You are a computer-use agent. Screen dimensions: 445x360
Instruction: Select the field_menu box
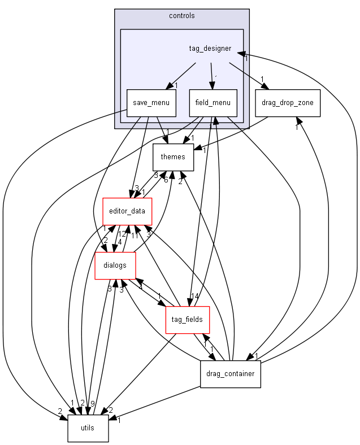point(213,103)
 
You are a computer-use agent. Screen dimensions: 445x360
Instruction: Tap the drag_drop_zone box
point(288,103)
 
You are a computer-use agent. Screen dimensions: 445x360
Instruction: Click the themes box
point(174,157)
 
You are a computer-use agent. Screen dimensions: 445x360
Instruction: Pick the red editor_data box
point(126,211)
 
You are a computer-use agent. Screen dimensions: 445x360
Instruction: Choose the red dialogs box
point(115,265)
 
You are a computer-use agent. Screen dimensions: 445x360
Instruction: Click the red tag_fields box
point(188,320)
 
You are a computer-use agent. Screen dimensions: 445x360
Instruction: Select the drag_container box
point(230,374)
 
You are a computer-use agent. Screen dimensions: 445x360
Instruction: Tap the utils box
point(88,428)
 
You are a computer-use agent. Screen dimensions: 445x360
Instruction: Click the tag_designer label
point(210,49)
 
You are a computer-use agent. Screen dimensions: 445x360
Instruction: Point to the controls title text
point(181,15)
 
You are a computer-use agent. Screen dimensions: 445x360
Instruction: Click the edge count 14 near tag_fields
point(196,296)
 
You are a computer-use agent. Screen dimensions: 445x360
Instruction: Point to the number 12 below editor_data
point(122,234)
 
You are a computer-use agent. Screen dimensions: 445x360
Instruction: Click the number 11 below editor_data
point(135,235)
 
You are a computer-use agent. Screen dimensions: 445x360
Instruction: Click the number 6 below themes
point(166,180)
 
